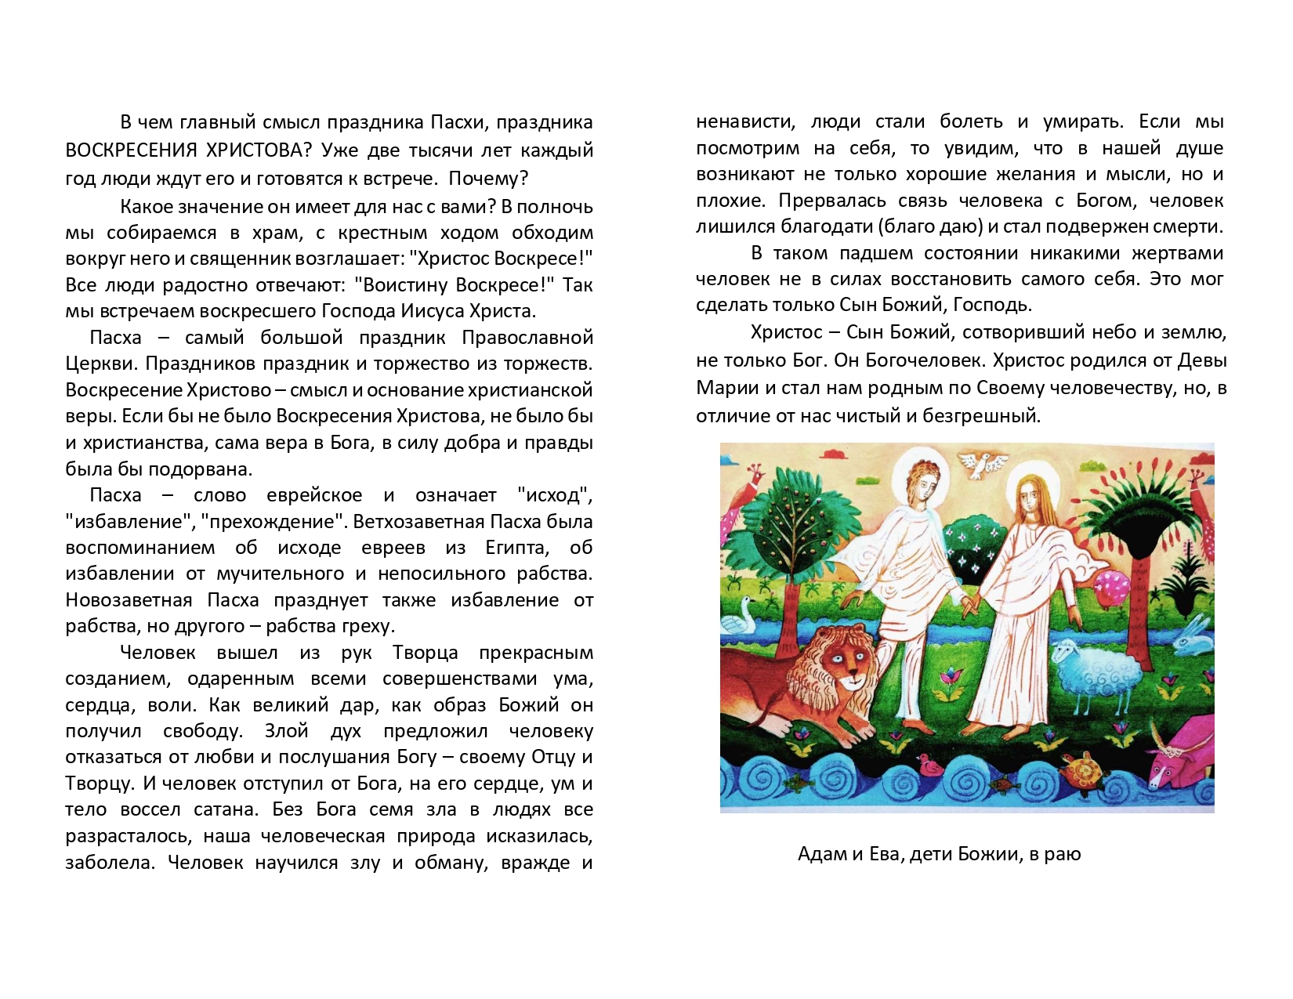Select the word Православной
click(527, 338)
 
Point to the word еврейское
click(314, 495)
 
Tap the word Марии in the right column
click(720, 388)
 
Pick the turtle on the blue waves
click(1084, 769)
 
